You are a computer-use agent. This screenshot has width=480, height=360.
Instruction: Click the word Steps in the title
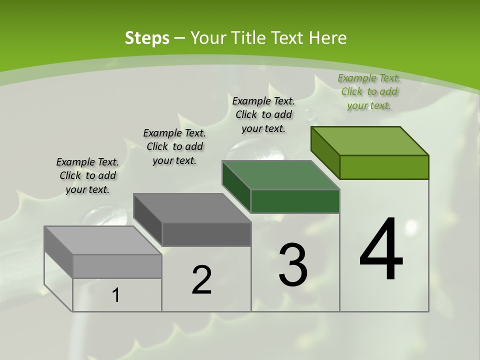pos(147,38)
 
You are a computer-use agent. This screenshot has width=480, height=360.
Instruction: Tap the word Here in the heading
pos(327,38)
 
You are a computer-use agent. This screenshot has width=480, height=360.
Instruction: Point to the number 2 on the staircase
pos(201,280)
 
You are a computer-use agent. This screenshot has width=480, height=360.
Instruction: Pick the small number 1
pos(116,295)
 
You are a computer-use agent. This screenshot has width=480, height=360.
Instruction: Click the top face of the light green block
pos(370,140)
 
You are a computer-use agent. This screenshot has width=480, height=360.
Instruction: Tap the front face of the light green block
pos(384,167)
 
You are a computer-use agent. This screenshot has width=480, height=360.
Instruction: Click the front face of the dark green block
pos(295,201)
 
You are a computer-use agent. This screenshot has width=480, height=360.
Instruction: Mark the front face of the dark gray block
pos(206,234)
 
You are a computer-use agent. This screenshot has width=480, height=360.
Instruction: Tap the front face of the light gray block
pos(117,266)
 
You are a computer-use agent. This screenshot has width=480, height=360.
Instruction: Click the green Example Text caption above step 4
pos(369,91)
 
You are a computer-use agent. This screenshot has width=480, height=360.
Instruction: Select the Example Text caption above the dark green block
pos(263,114)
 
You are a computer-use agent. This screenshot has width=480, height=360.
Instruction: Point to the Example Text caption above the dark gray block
pos(174,146)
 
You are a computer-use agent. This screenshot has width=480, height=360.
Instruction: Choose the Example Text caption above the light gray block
pos(87,175)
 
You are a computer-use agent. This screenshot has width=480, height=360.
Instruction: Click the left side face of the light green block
pos(325,152)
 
